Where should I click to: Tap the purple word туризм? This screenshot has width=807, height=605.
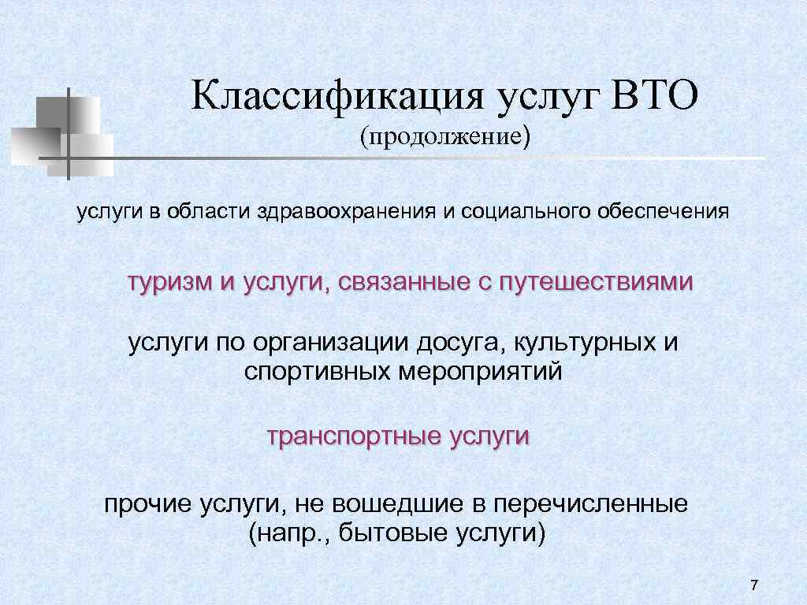click(x=170, y=282)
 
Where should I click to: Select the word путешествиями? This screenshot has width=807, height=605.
click(x=595, y=282)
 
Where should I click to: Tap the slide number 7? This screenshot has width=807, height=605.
click(x=754, y=585)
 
